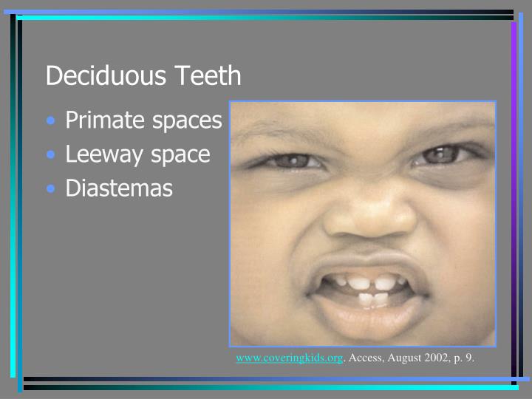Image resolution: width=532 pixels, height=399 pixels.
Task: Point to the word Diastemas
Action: click(x=119, y=188)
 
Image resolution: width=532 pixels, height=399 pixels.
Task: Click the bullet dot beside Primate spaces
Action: click(x=50, y=121)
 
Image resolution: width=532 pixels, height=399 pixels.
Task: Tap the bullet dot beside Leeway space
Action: click(x=50, y=155)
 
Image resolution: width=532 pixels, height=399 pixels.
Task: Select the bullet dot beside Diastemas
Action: click(x=50, y=188)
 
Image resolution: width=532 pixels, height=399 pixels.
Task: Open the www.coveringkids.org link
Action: click(x=290, y=358)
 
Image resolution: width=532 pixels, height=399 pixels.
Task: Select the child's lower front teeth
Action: click(x=373, y=299)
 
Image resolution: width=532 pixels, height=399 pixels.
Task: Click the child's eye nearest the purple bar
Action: click(x=441, y=154)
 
